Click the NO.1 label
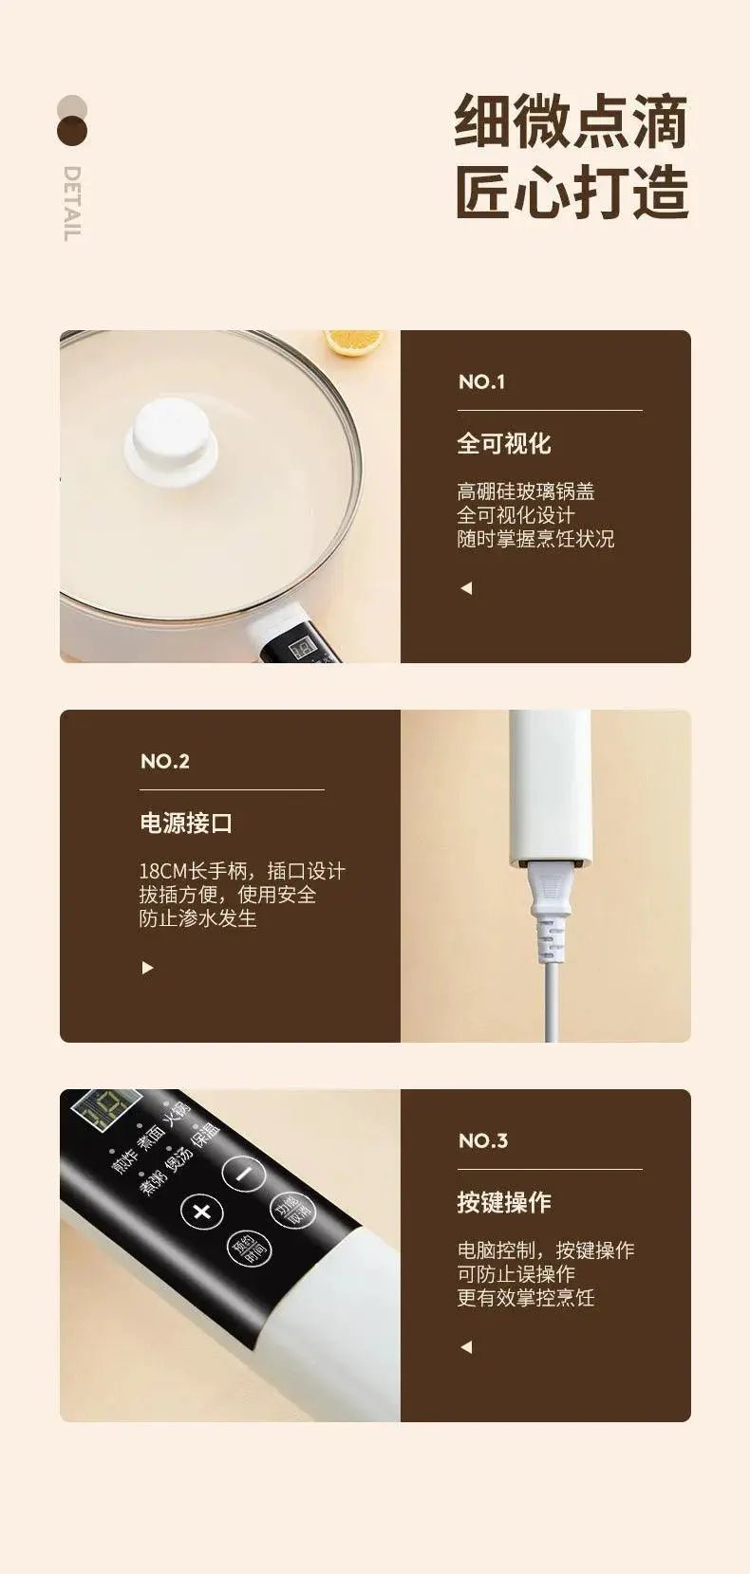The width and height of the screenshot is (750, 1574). (482, 381)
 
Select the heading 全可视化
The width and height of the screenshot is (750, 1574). (503, 443)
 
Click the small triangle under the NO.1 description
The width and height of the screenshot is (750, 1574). (466, 588)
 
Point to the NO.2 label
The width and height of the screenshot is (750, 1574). (165, 761)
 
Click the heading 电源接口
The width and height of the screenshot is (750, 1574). (186, 823)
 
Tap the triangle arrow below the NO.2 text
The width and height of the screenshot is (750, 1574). (147, 968)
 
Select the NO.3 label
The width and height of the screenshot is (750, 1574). (483, 1140)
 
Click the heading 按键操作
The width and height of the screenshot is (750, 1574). (503, 1202)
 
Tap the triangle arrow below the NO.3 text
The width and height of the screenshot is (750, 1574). (466, 1347)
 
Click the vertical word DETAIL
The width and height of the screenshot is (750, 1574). (72, 203)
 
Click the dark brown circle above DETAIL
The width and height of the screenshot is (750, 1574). (72, 131)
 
